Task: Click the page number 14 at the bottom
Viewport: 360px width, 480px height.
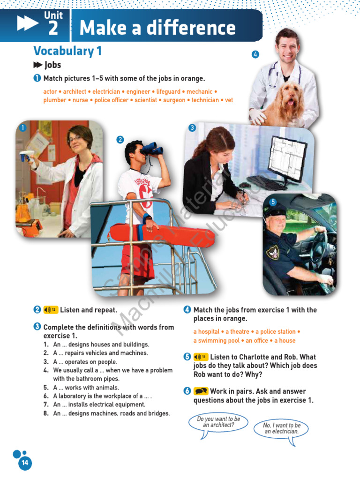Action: click(24, 463)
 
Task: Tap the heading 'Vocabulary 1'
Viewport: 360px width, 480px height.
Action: click(67, 51)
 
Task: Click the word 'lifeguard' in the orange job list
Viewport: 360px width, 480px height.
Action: click(168, 92)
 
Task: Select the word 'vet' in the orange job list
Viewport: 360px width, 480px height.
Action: click(229, 100)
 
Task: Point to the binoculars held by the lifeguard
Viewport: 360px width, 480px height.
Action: click(151, 149)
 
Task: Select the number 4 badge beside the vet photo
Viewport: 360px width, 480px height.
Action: click(255, 54)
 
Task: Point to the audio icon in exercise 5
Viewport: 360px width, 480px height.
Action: click(201, 357)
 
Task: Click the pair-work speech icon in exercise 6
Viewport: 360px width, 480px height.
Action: click(201, 391)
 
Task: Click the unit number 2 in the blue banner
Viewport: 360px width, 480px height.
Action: click(53, 29)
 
